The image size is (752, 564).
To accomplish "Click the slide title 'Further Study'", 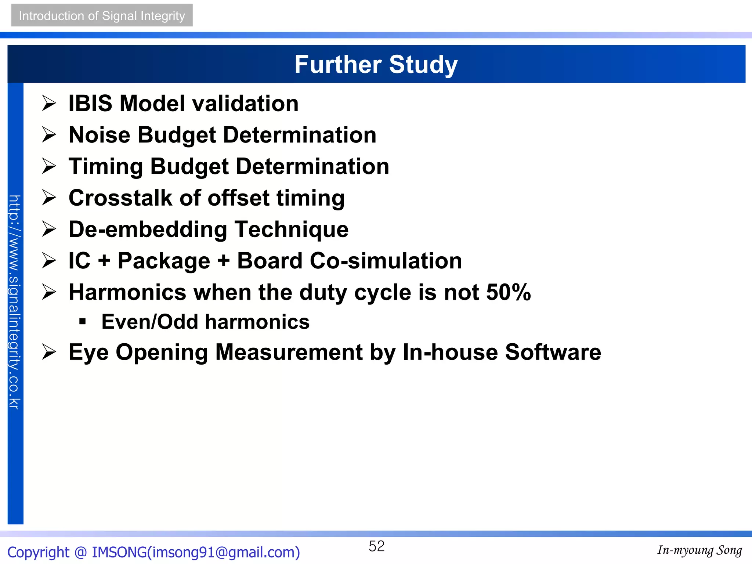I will (376, 65).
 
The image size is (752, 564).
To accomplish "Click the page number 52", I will (376, 546).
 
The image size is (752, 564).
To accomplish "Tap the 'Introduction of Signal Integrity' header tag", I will (102, 15).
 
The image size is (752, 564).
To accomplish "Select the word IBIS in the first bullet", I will (90, 103).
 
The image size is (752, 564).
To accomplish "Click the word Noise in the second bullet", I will (99, 135).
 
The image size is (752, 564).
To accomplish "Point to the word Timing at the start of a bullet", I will (106, 166).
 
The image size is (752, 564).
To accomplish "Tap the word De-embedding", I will (148, 229).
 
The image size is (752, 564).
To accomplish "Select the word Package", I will (164, 261).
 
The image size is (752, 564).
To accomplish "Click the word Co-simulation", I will (386, 261).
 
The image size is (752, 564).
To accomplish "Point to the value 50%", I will (508, 292).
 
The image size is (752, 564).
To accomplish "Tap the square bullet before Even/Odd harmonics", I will (83, 322).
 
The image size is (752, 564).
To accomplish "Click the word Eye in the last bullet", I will (88, 352).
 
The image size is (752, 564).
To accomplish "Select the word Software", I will (553, 352).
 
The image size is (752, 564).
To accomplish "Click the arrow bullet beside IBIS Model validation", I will (49, 103).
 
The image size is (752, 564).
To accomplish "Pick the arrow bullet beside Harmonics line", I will (49, 292).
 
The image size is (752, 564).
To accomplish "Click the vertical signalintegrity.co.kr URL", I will (15, 302).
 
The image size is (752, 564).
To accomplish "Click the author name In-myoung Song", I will (699, 550).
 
